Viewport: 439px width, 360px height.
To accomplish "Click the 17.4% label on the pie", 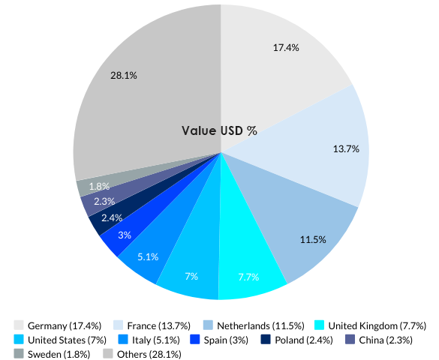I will [286, 47].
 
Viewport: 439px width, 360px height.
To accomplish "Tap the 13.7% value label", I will [346, 148].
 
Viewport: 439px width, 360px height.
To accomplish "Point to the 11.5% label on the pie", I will [313, 239].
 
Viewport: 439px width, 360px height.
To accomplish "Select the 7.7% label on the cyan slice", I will [248, 277].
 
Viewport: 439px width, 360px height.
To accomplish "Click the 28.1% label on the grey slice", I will [123, 75].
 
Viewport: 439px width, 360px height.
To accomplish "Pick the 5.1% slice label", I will [148, 256].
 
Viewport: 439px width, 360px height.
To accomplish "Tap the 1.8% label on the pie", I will [99, 186].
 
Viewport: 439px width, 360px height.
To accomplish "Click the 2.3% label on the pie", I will [104, 201].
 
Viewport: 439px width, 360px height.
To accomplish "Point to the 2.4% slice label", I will [111, 217].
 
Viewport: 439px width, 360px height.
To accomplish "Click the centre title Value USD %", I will [219, 130].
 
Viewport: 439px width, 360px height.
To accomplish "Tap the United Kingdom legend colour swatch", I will [319, 325].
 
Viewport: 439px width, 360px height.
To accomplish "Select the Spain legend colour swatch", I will [195, 340].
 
